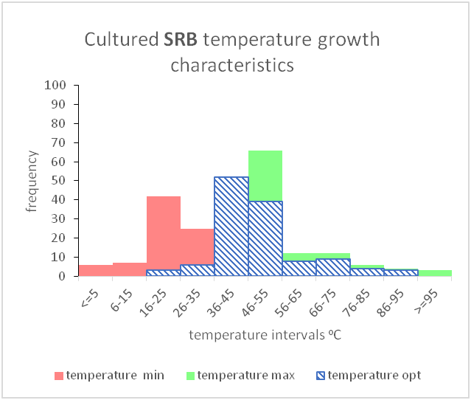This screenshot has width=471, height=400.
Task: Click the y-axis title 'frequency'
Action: click(32, 181)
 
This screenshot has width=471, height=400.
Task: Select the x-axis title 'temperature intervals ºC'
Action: click(265, 335)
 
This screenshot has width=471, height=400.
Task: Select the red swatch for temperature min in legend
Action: click(58, 376)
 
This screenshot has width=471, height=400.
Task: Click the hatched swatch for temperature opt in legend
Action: click(319, 376)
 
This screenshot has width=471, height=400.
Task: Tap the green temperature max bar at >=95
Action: click(435, 273)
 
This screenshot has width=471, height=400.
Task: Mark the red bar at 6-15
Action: click(130, 269)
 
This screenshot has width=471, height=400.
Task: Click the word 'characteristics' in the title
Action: click(232, 65)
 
